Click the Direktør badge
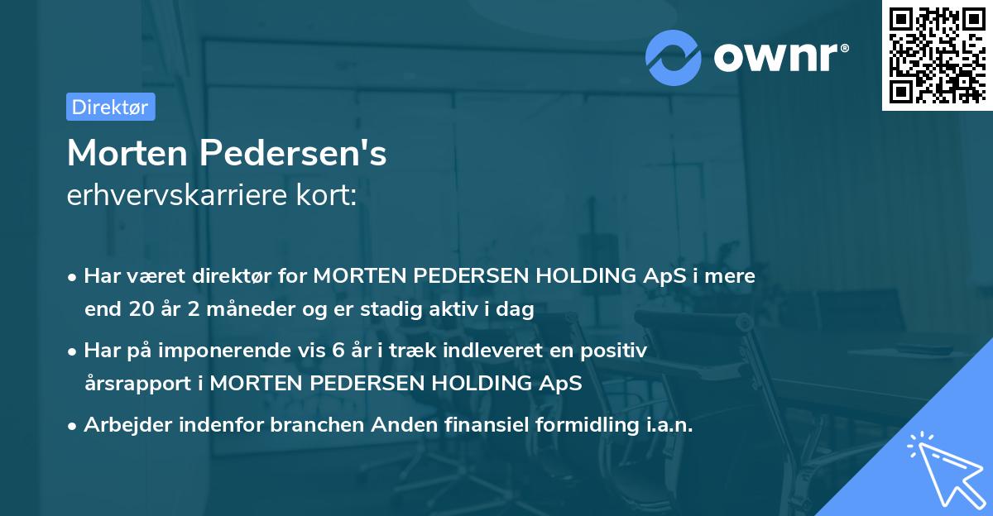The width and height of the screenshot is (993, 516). click(x=110, y=107)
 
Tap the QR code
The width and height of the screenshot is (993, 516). click(x=936, y=55)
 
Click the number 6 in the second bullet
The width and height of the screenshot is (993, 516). click(x=338, y=351)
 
